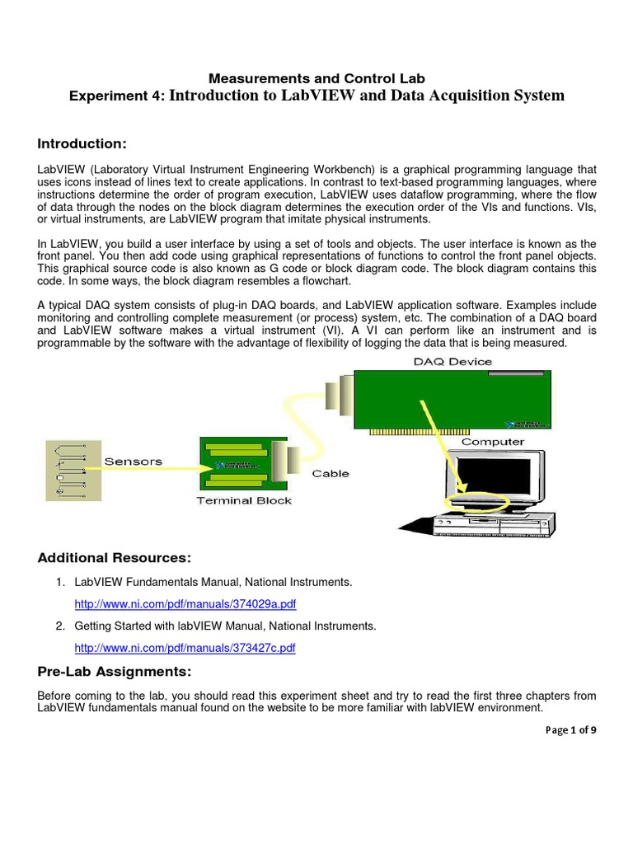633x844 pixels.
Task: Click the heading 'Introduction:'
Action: click(x=82, y=144)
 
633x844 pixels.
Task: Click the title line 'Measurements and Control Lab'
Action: click(x=316, y=79)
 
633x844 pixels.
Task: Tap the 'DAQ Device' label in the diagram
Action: click(x=452, y=361)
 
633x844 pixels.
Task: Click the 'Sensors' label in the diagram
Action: click(x=133, y=461)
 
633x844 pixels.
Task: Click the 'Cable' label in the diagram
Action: click(x=331, y=473)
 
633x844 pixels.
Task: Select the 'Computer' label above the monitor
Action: click(x=492, y=442)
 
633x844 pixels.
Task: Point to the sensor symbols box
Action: click(x=73, y=470)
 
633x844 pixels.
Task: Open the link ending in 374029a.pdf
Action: click(x=185, y=604)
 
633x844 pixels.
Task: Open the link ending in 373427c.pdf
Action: click(x=185, y=649)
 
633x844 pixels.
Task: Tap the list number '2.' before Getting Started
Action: click(x=61, y=626)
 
